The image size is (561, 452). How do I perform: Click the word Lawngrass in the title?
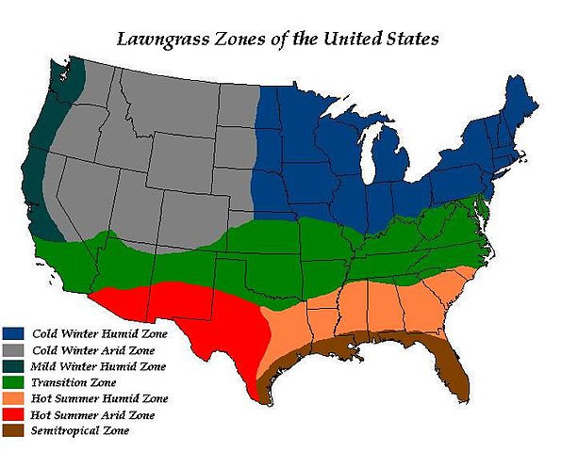pos(161,40)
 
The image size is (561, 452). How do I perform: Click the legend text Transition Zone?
pos(74,382)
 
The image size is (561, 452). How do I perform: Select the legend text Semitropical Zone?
pos(80,431)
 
